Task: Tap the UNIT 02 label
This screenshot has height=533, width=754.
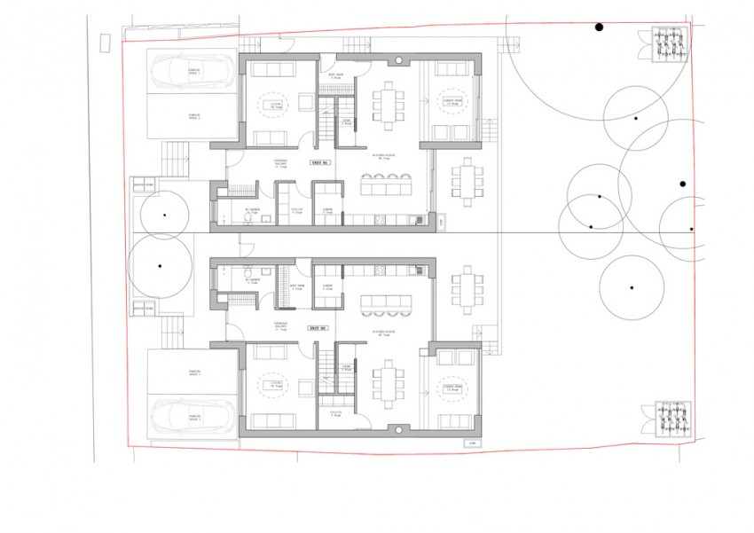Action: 318,328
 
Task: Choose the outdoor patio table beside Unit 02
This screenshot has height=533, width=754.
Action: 467,287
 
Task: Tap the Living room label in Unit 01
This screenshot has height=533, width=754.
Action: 263,103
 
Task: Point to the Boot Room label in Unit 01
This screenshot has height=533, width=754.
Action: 335,77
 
